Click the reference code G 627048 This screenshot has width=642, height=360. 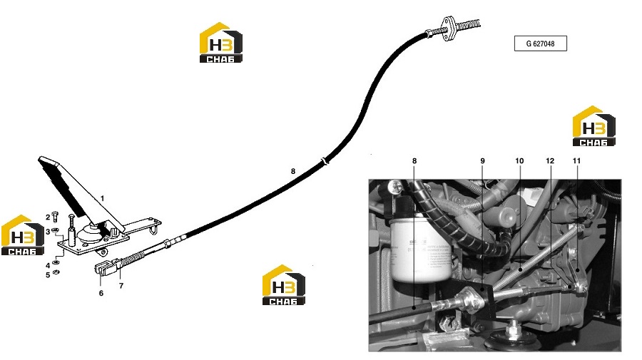point(541,43)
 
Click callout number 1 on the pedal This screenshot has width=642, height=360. point(102,198)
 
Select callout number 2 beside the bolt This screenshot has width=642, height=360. point(48,217)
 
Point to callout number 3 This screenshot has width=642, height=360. point(48,232)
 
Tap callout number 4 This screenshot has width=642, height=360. point(48,265)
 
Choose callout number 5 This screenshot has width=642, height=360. point(48,275)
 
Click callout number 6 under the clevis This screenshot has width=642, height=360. point(101,293)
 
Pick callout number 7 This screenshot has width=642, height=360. point(121,286)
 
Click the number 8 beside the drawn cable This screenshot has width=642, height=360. point(292,171)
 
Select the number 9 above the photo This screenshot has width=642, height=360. point(482,161)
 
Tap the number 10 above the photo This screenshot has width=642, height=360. point(519,161)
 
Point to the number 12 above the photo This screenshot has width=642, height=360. point(550,161)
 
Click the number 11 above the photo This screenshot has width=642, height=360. point(576,161)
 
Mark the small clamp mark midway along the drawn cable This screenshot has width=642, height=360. point(325,161)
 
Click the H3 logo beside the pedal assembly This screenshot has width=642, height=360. point(23,235)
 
